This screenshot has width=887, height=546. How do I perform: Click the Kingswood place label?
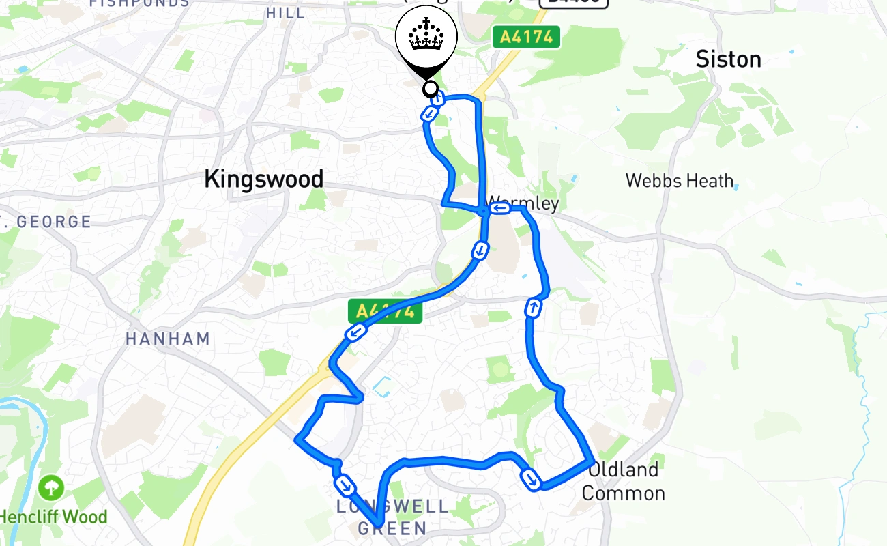tap(263, 179)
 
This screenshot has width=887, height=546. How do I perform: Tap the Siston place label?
tap(728, 59)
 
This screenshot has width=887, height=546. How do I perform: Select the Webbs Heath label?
tap(680, 181)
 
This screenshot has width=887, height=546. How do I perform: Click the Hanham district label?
tap(168, 339)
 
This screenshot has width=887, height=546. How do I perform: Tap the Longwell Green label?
tap(393, 517)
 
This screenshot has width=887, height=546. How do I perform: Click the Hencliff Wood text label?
tap(53, 517)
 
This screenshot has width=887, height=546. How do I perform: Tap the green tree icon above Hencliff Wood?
tap(51, 488)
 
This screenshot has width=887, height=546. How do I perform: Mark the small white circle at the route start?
tap(431, 89)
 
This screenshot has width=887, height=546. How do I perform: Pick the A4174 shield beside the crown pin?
tap(526, 37)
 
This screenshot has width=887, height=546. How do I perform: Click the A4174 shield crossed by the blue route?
tap(386, 311)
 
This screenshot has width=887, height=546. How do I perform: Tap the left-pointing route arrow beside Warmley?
tap(500, 207)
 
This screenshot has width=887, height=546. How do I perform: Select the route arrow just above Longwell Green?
tap(345, 485)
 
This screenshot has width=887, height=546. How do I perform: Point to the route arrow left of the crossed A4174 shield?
tap(355, 332)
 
